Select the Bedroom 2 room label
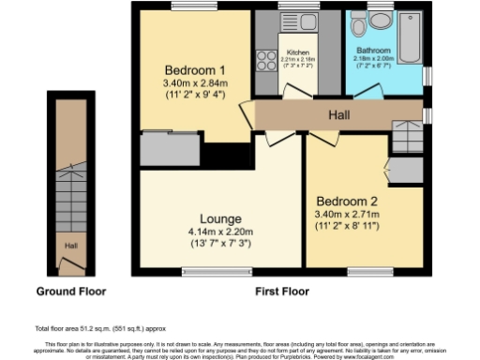(348, 202)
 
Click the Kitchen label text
(298, 53)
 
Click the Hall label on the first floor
(340, 115)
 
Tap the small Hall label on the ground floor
(70, 247)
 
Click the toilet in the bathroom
(382, 20)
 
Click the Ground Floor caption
(70, 292)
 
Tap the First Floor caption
(282, 292)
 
